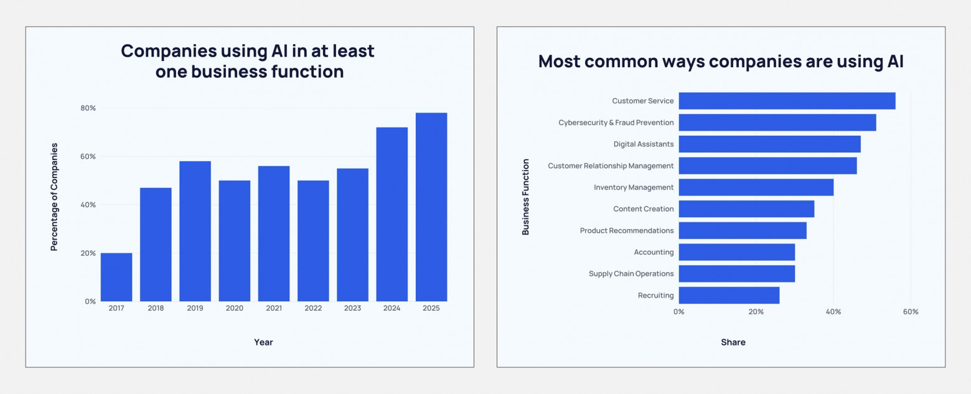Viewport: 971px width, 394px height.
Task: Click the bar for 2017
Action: click(x=116, y=277)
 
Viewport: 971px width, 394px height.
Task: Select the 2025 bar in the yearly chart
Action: click(x=431, y=207)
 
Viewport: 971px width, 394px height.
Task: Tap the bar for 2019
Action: click(x=195, y=231)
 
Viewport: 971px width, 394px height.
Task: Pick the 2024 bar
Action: click(x=392, y=214)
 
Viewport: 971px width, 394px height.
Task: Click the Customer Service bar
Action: click(x=787, y=101)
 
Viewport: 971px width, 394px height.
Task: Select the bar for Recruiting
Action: click(x=729, y=295)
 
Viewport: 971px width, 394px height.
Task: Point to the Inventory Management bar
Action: click(x=756, y=187)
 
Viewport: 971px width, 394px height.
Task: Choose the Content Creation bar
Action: click(x=746, y=209)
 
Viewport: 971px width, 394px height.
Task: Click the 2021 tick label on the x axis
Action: click(x=274, y=308)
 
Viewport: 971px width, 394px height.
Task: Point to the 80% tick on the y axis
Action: click(x=88, y=108)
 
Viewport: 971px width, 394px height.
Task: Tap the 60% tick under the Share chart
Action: click(x=910, y=311)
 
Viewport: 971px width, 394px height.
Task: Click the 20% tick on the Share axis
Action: click(x=756, y=311)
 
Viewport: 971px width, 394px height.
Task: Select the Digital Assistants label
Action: click(x=644, y=144)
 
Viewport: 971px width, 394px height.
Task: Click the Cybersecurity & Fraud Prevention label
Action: click(x=616, y=123)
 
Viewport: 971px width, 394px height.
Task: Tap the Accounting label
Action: click(x=654, y=252)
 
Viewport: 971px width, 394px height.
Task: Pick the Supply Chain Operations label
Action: click(x=631, y=274)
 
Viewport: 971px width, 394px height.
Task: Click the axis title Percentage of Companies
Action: click(x=54, y=197)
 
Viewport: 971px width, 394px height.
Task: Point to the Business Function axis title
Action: click(x=526, y=197)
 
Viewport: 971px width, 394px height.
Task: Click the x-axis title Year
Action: click(x=263, y=342)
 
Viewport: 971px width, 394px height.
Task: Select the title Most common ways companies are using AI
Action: click(x=721, y=62)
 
